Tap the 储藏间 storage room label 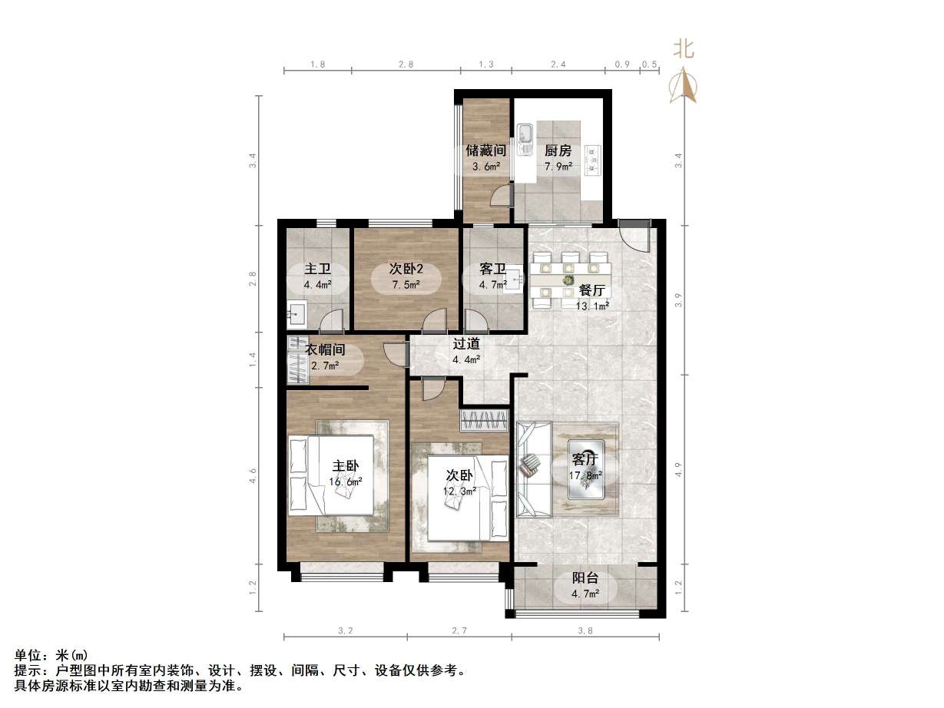click(485, 151)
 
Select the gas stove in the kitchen click(594, 157)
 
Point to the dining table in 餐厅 click(570, 270)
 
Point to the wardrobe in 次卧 click(484, 421)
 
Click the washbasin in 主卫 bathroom click(296, 313)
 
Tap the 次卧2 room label click(405, 269)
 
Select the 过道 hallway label click(466, 344)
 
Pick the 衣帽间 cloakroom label click(326, 350)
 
